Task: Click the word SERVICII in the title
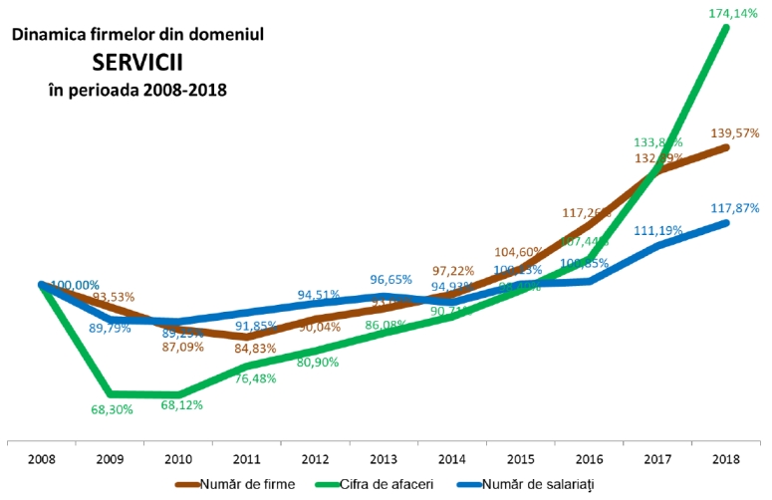137,62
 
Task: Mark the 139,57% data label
736,133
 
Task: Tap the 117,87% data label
736,208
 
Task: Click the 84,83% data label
246,349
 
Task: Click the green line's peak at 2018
726,27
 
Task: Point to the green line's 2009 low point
110,393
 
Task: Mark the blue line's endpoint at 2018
726,222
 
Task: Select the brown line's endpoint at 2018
726,147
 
